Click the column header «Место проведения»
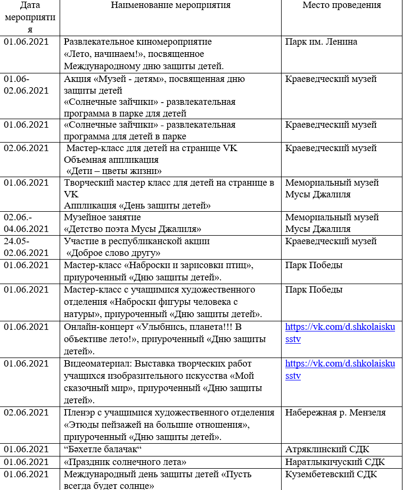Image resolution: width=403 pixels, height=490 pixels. tap(341, 5)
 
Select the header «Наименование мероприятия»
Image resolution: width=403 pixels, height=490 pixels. tap(170, 5)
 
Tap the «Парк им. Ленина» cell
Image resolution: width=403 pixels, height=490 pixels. tap(321, 41)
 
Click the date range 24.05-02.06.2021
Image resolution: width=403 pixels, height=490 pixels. tap(26, 247)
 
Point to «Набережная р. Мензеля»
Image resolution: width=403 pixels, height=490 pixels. tap(335, 412)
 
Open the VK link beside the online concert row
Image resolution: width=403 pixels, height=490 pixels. tap(340, 333)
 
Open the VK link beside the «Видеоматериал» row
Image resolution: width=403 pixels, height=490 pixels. tap(340, 370)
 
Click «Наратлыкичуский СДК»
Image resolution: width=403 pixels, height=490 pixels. tap(335, 462)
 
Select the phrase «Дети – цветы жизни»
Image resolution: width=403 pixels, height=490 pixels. tap(114, 170)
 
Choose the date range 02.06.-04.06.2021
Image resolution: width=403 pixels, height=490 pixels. tap(26, 223)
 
